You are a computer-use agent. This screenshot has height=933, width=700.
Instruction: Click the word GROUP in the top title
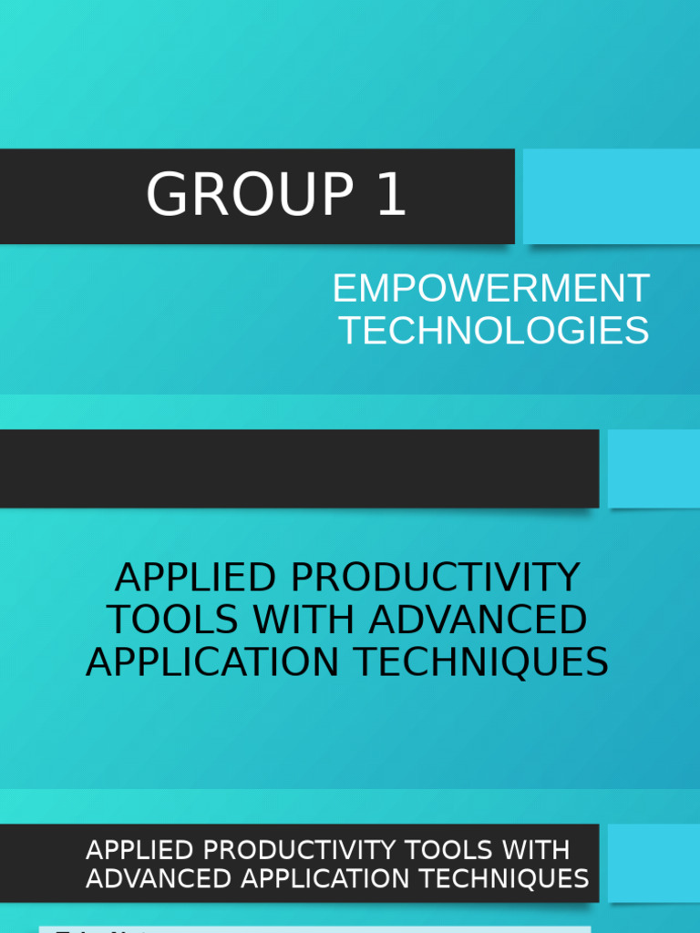(x=249, y=195)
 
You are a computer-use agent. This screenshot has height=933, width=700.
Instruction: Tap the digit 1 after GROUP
(x=390, y=195)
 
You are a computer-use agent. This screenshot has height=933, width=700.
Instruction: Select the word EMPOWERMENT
(x=490, y=289)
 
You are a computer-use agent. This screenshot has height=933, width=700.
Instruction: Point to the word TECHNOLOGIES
(x=494, y=330)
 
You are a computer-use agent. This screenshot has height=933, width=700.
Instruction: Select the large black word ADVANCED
(x=478, y=620)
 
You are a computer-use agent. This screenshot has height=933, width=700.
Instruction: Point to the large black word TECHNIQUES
(x=482, y=661)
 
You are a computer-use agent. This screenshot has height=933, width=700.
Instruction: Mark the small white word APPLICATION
(x=314, y=878)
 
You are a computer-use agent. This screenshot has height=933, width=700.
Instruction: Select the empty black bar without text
(x=299, y=468)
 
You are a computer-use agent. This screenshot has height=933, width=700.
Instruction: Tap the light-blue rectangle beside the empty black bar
(x=654, y=468)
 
